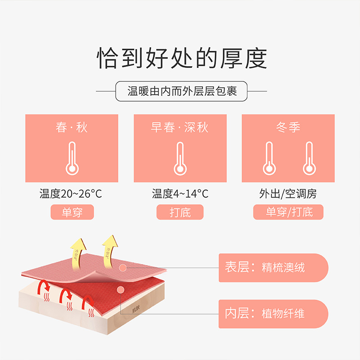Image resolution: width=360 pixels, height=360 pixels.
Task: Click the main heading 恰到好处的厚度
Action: [182, 58]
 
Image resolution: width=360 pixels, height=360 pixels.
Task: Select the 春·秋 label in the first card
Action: [72, 127]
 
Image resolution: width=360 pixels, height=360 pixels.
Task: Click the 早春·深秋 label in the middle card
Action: [180, 127]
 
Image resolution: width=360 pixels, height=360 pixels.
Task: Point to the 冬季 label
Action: [288, 127]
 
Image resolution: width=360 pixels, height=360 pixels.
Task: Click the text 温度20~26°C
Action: [71, 194]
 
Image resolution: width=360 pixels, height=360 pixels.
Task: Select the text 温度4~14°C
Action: [180, 194]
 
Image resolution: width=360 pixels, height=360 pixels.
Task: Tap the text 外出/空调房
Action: [288, 194]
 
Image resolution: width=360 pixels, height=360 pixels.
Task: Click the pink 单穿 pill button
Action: [72, 212]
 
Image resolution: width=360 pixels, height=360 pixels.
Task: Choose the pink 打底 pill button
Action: [180, 212]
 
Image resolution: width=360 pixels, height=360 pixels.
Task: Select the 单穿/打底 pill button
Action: [288, 212]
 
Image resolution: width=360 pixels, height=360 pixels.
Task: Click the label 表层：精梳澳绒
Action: [265, 268]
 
